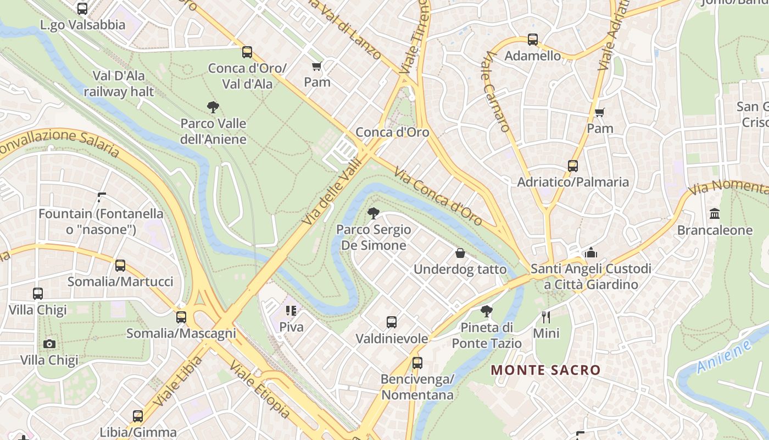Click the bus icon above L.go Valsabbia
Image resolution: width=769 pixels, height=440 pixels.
point(82,9)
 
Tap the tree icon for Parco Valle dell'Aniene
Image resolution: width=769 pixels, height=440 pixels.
point(213,107)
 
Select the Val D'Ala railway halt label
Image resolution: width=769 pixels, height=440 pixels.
point(119,84)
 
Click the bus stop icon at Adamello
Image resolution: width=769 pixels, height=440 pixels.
point(533,40)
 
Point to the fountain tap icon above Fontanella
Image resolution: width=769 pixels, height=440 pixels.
point(102,197)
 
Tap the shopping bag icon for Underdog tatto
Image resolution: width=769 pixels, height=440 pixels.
point(460,253)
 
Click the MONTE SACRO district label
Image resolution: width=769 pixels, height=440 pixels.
point(545,370)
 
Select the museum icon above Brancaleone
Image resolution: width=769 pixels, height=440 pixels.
point(715,213)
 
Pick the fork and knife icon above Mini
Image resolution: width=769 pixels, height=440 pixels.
point(546,317)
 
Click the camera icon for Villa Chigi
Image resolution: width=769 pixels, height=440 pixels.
point(49,344)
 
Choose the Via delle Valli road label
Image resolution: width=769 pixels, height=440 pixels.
point(333,191)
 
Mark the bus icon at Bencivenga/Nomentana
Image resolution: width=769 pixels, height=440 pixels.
point(417,363)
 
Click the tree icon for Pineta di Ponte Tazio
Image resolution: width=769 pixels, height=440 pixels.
point(486,312)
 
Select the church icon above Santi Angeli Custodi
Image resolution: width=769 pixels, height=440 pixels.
point(591,252)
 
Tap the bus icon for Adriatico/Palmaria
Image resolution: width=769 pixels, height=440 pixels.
point(573,166)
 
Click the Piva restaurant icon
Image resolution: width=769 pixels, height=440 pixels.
point(291,311)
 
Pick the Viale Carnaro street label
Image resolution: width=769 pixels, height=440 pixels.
point(497,91)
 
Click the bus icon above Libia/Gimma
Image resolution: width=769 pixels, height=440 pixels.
point(138,416)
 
